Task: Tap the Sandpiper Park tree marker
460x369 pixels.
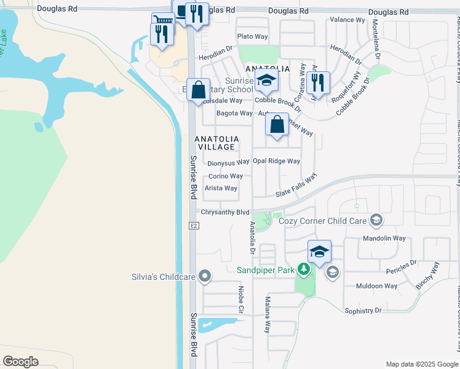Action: (x=303, y=269)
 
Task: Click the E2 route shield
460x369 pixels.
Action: (x=194, y=226)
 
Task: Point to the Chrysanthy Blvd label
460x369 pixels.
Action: (x=225, y=212)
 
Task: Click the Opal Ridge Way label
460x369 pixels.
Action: (x=276, y=161)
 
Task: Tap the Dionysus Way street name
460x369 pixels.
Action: (x=228, y=163)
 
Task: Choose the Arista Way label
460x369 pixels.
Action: (x=221, y=188)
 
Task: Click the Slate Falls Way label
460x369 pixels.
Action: (x=296, y=184)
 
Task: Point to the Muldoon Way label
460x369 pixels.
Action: (x=377, y=286)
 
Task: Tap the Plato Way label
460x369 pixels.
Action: (x=252, y=37)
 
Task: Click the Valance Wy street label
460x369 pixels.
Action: (x=347, y=20)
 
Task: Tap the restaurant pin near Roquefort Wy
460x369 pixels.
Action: (x=318, y=83)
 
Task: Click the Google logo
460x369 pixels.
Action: (x=21, y=362)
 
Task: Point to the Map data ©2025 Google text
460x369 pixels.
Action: (x=422, y=363)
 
